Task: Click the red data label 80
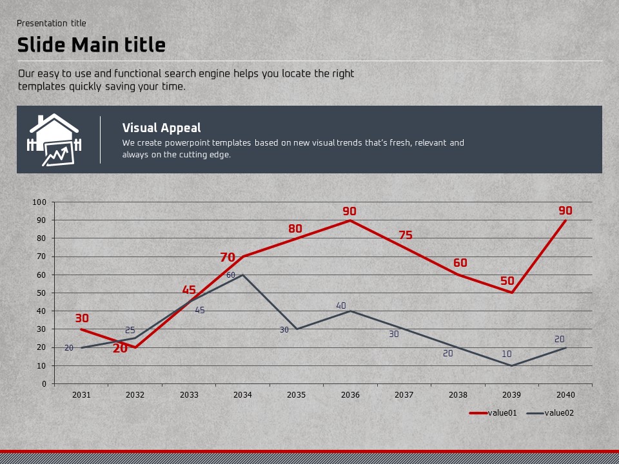295,229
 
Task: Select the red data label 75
405,235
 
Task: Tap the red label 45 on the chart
189,290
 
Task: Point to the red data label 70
228,258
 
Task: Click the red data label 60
460,263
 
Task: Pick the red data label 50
507,282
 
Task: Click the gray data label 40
341,305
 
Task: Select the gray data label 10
507,354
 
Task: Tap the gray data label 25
130,331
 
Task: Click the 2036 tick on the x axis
350,394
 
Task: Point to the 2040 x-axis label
565,394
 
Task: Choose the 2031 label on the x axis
81,394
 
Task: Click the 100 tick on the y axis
39,202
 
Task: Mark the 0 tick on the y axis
44,384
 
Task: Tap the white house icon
54,140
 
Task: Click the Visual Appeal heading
161,128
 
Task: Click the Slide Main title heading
91,45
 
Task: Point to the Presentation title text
51,23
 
